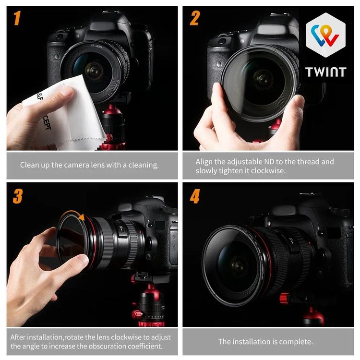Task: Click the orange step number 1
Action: pyautogui.click(x=17, y=18)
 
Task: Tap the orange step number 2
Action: pyautogui.click(x=194, y=18)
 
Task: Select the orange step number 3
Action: pyautogui.click(x=18, y=196)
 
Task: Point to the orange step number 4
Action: pyautogui.click(x=195, y=196)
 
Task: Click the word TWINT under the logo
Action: pyautogui.click(x=325, y=72)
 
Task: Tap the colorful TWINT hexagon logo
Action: pyautogui.click(x=325, y=35)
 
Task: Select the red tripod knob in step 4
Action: pyautogui.click(x=284, y=298)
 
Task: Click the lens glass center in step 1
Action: pyautogui.click(x=94, y=71)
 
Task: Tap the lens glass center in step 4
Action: pyautogui.click(x=239, y=266)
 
